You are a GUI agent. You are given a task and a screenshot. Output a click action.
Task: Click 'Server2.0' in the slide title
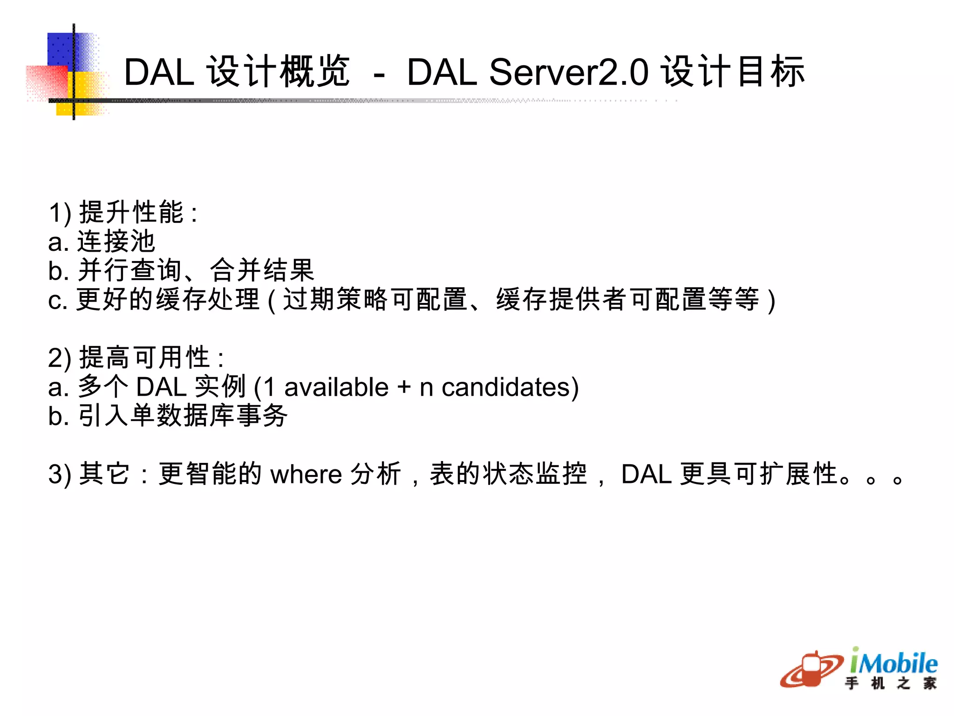pyautogui.click(x=568, y=72)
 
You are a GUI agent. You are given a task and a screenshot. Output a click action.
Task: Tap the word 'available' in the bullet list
pyautogui.click(x=336, y=387)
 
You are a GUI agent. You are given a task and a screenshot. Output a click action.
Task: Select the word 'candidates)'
pyautogui.click(x=510, y=387)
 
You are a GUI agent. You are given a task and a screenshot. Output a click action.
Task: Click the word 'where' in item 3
pyautogui.click(x=306, y=475)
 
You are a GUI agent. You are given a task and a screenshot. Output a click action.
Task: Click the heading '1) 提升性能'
pyautogui.click(x=123, y=213)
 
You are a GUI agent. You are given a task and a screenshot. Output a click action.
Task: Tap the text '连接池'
pyautogui.click(x=116, y=241)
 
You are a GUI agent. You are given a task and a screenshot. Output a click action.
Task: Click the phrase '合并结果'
pyautogui.click(x=262, y=270)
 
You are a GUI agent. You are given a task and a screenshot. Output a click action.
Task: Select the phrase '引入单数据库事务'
pyautogui.click(x=183, y=416)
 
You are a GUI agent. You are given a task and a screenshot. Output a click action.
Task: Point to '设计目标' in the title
pyautogui.click(x=733, y=72)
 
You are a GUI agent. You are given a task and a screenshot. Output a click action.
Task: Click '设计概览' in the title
pyautogui.click(x=278, y=72)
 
